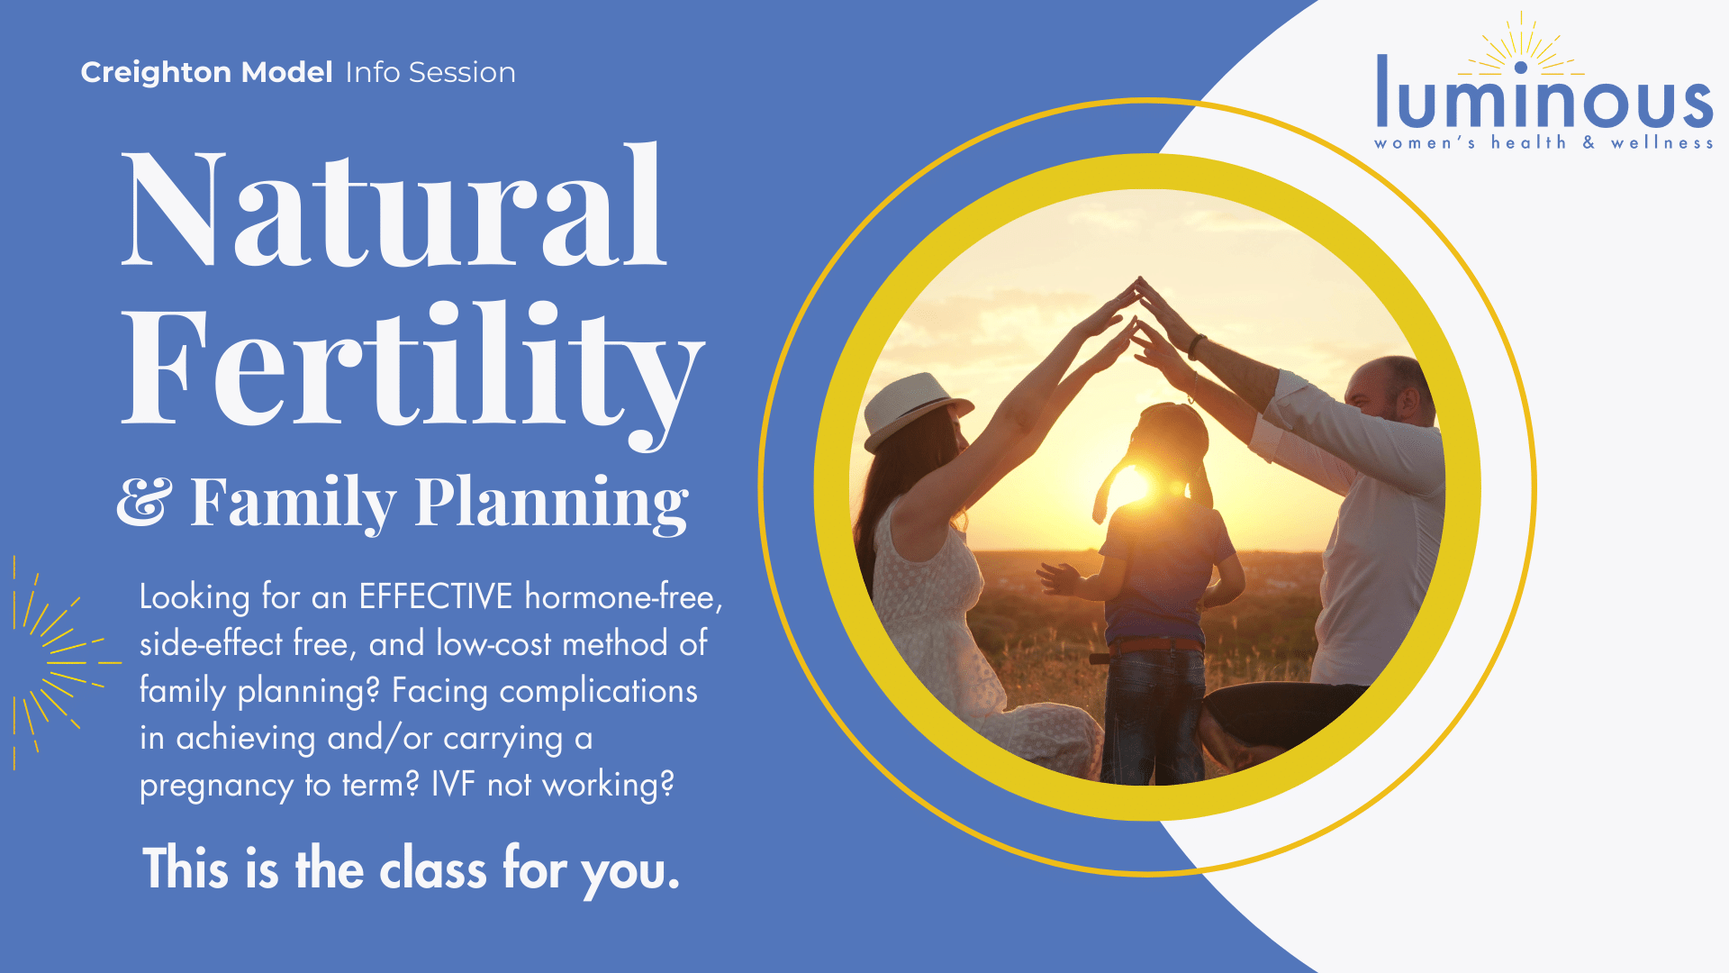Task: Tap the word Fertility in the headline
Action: [x=412, y=369]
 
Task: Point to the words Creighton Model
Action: [x=207, y=72]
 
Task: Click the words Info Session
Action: [x=430, y=72]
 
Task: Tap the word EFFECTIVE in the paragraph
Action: [x=436, y=596]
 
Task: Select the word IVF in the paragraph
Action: [x=453, y=784]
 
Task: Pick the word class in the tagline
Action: [x=433, y=869]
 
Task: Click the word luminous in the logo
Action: [x=1544, y=94]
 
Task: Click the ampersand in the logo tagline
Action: [x=1589, y=142]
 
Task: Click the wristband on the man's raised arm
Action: [x=1197, y=347]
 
